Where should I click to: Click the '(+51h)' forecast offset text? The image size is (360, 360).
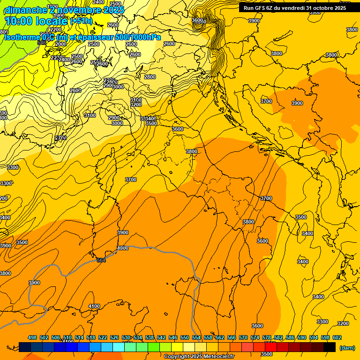81,21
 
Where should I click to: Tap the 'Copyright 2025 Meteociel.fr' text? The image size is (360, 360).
200,357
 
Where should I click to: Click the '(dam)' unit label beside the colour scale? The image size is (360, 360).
347,348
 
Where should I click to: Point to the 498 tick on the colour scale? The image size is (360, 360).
32,337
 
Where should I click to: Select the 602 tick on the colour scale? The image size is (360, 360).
337,337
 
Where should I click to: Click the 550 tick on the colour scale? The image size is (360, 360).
185,337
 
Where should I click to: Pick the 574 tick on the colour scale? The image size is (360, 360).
255,337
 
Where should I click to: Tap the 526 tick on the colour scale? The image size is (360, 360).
114,337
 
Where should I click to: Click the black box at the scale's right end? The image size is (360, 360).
330,347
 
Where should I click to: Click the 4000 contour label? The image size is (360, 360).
123,248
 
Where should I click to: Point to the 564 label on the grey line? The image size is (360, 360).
101,260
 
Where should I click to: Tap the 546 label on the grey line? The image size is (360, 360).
42,43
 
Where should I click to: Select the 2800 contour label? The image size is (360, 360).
150,77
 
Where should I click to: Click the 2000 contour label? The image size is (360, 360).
61,44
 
